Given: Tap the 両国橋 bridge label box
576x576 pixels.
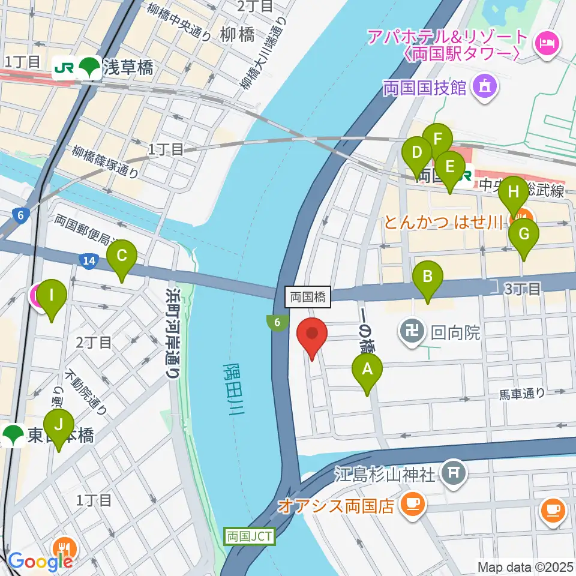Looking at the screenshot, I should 308,296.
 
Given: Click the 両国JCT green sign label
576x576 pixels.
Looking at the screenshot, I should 250,536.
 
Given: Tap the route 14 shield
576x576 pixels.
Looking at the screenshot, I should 88,260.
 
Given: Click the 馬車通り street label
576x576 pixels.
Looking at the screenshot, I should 522,394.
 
